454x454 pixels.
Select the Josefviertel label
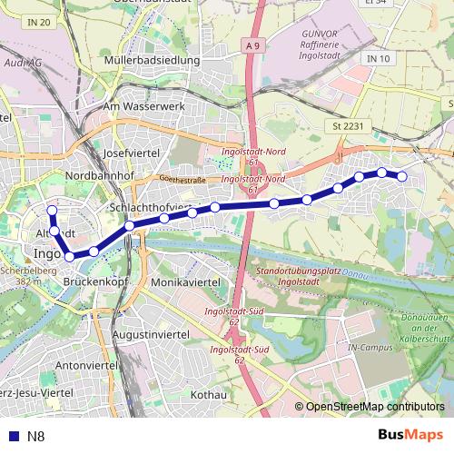[x=132, y=153]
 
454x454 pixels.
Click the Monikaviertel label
[x=186, y=283]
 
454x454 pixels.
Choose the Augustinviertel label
[x=149, y=334]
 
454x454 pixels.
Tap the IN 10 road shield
[x=379, y=59]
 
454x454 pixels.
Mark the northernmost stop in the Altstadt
[x=52, y=212]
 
